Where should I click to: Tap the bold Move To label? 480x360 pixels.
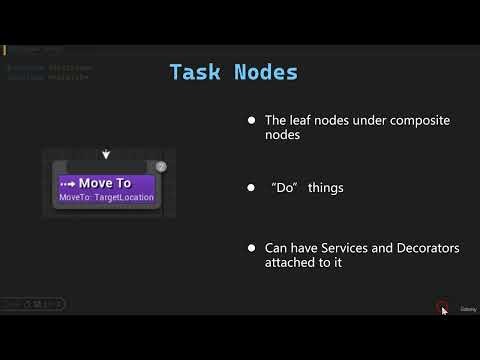(x=105, y=183)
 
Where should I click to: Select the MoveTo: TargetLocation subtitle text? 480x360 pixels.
(x=107, y=197)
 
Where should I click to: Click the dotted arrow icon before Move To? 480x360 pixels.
(x=68, y=183)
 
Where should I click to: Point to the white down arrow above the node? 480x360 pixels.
(x=106, y=155)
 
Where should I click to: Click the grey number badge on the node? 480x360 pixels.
(x=161, y=166)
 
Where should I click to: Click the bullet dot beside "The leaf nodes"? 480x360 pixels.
(x=252, y=121)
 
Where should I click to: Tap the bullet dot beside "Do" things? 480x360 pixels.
(x=252, y=188)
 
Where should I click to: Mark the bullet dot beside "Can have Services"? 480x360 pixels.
(x=252, y=247)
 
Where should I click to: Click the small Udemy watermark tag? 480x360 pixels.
(x=467, y=310)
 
